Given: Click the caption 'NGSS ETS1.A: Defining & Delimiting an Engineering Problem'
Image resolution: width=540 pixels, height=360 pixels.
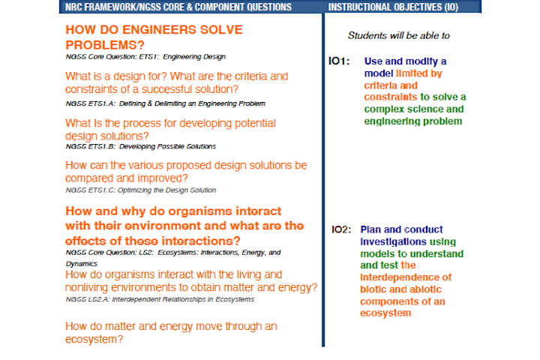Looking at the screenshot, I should (165, 103).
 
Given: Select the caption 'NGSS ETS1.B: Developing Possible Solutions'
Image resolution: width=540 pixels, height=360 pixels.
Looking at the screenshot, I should (140, 146).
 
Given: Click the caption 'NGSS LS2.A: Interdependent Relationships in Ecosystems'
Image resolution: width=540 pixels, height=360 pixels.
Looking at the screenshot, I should (159, 299).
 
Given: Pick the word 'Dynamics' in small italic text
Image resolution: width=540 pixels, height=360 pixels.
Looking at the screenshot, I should (82, 264).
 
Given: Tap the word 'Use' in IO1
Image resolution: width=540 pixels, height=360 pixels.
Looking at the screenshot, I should (373, 61).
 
